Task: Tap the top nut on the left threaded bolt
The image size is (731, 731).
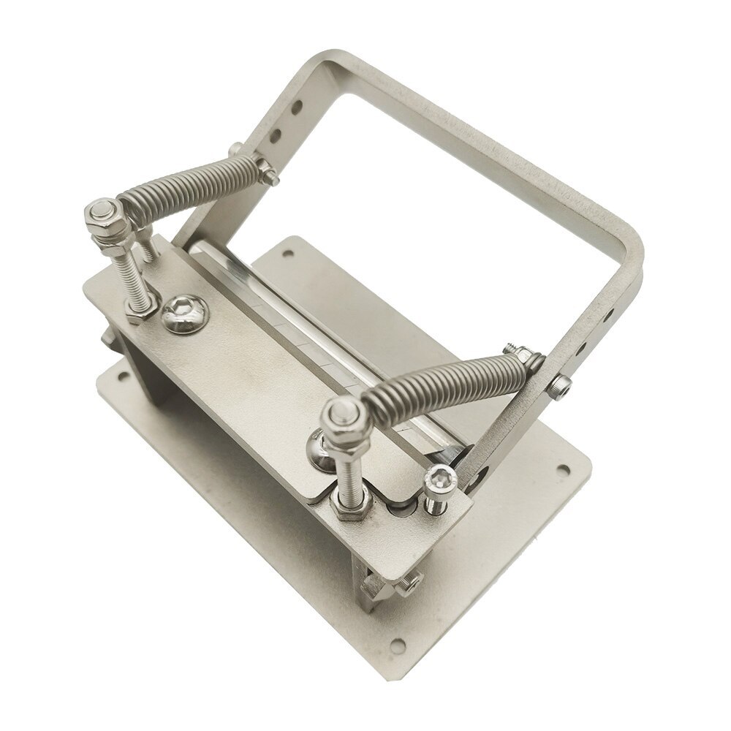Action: tap(101, 215)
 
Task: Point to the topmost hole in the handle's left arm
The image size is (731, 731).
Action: tap(298, 110)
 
